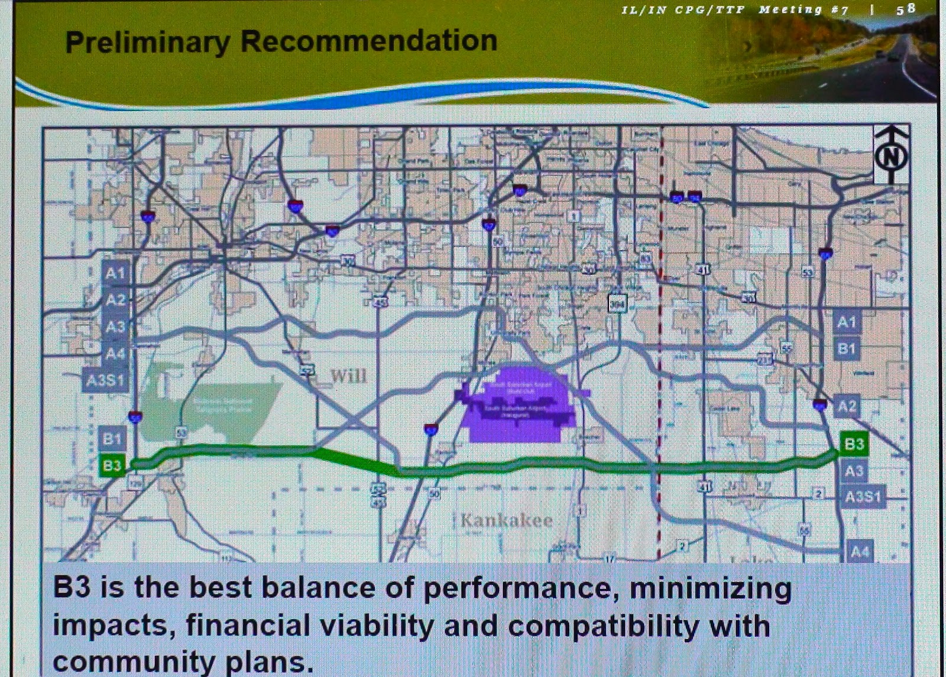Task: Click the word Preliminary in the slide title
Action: (x=147, y=42)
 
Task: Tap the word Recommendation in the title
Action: (x=369, y=41)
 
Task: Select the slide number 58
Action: (x=906, y=9)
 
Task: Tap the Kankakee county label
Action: (x=507, y=520)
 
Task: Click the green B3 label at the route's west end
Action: (x=112, y=466)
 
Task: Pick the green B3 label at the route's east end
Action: (x=854, y=444)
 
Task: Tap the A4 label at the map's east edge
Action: (x=859, y=552)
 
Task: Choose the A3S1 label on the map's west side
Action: (x=106, y=380)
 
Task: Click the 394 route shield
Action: (x=617, y=304)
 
